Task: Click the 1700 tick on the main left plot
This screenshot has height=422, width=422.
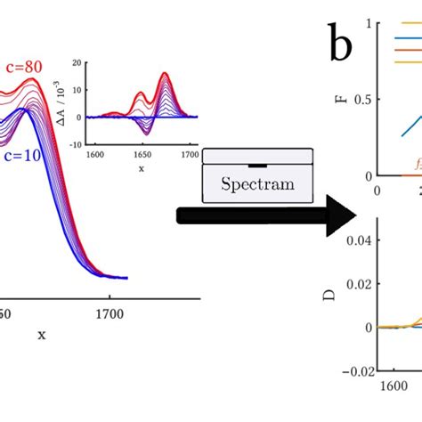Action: coord(109,313)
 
